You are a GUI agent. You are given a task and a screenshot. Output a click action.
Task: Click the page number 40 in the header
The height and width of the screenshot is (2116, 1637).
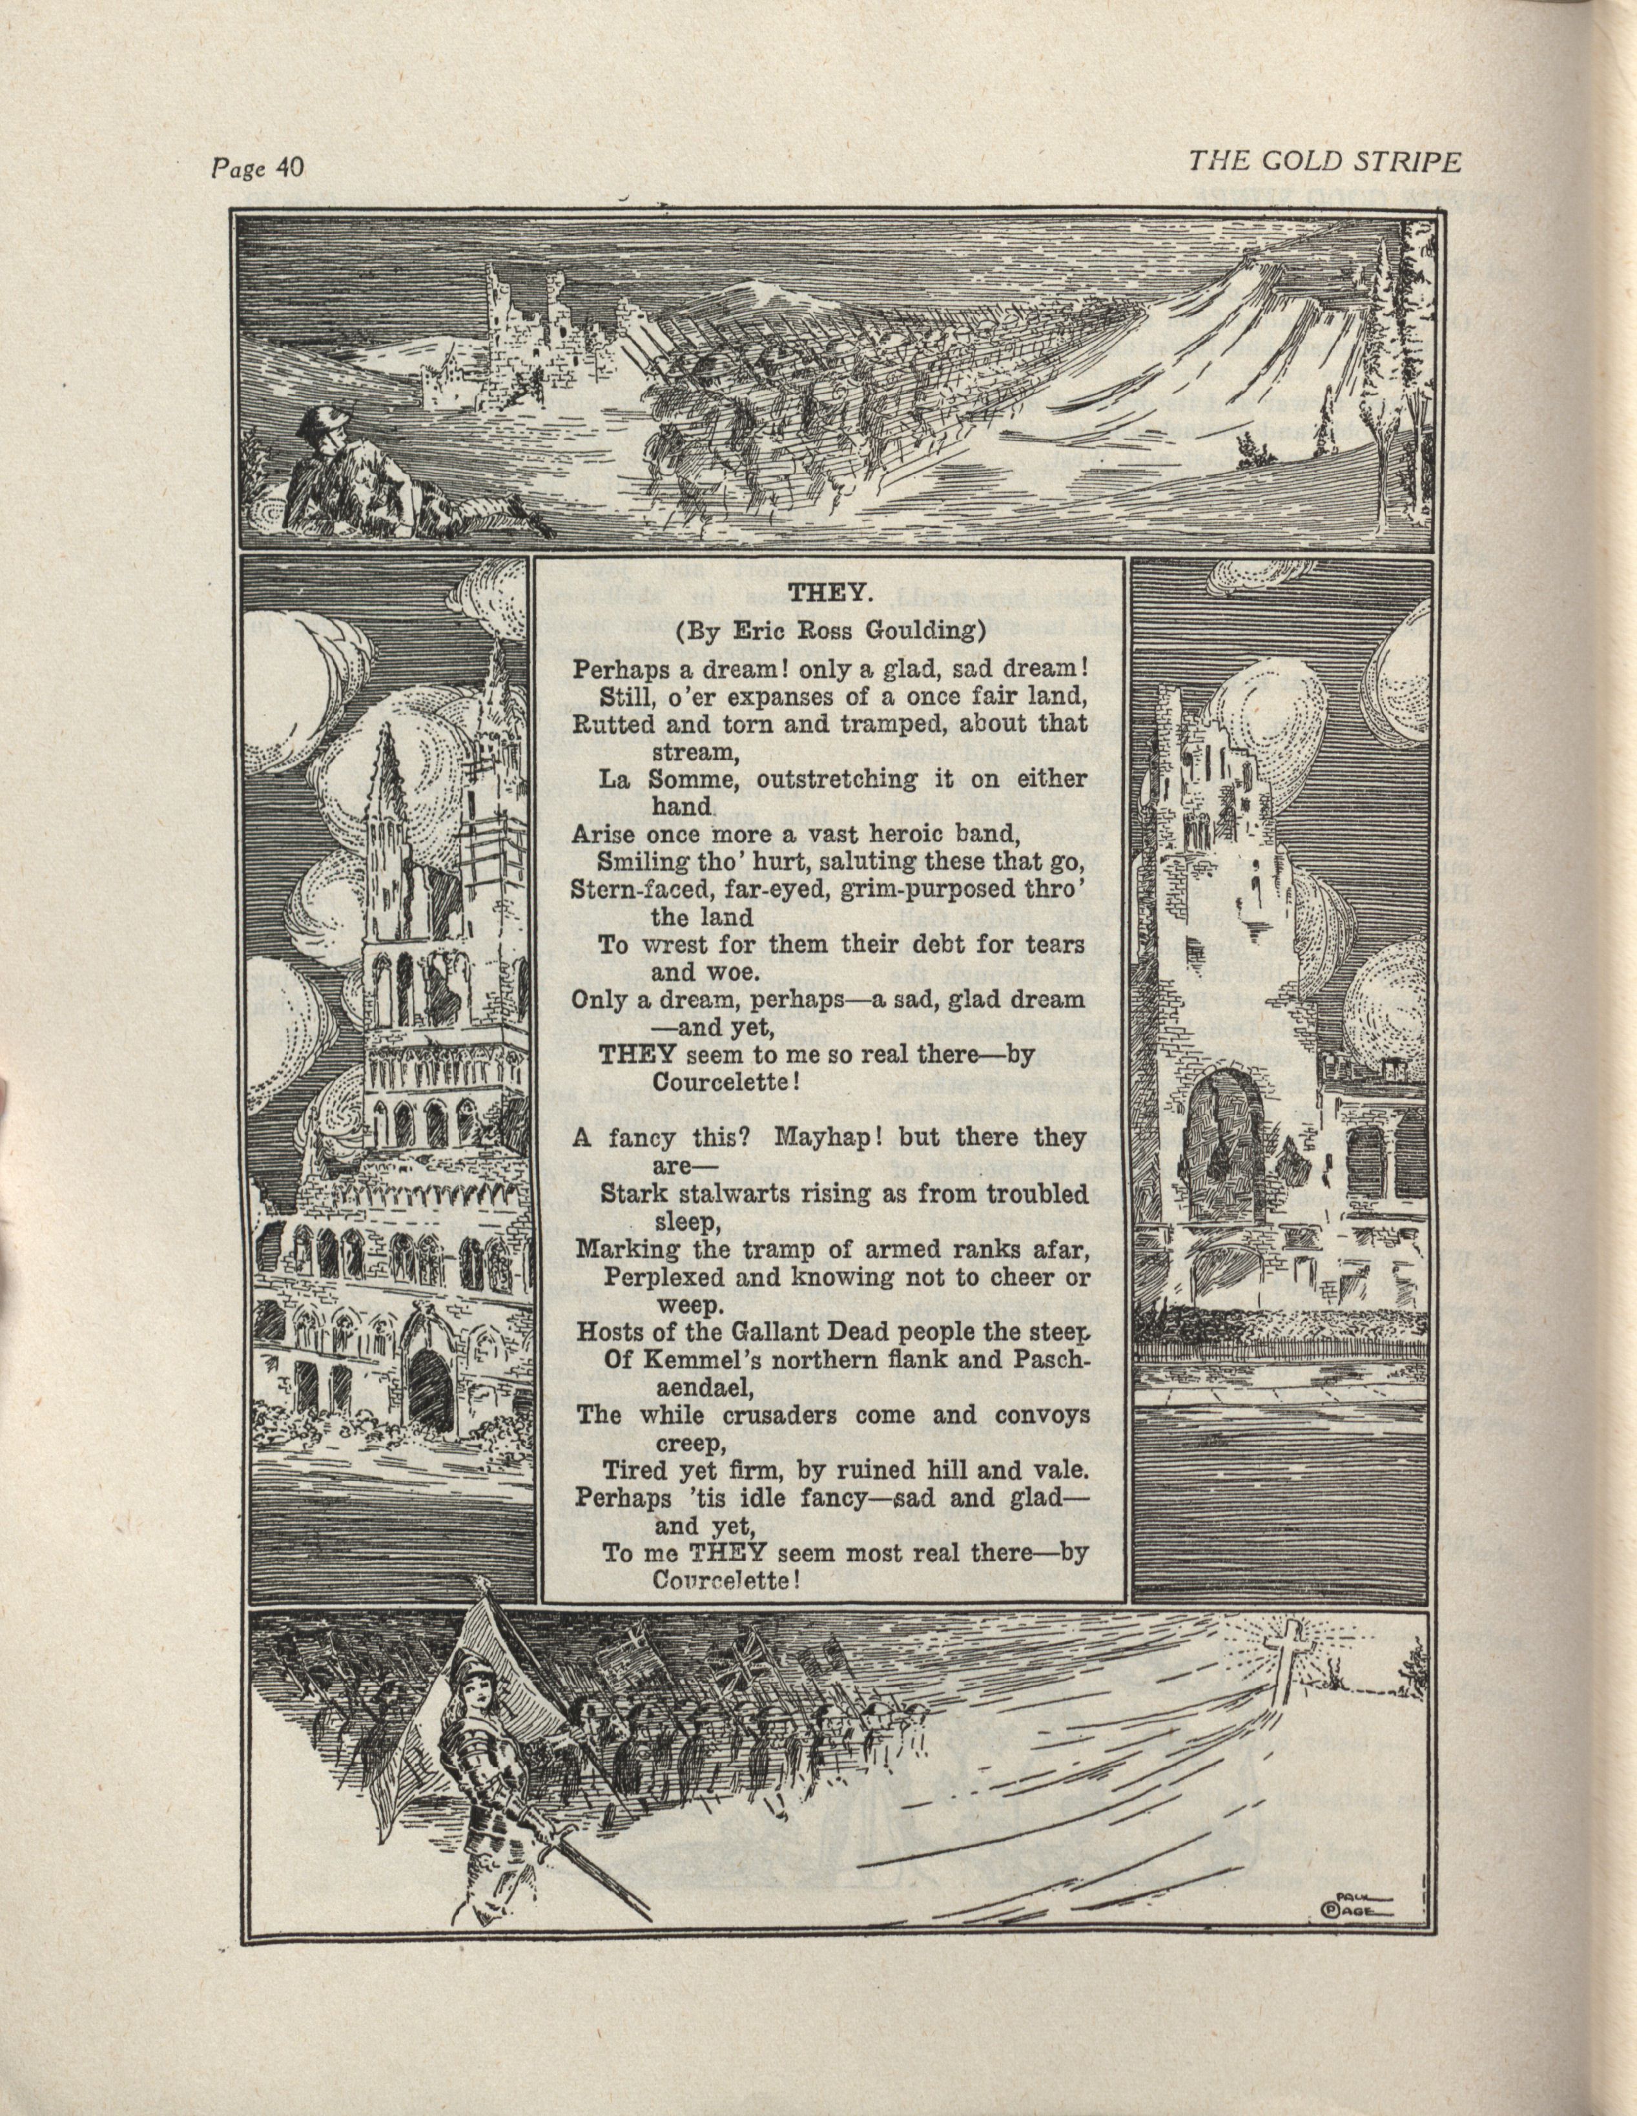tap(289, 169)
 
